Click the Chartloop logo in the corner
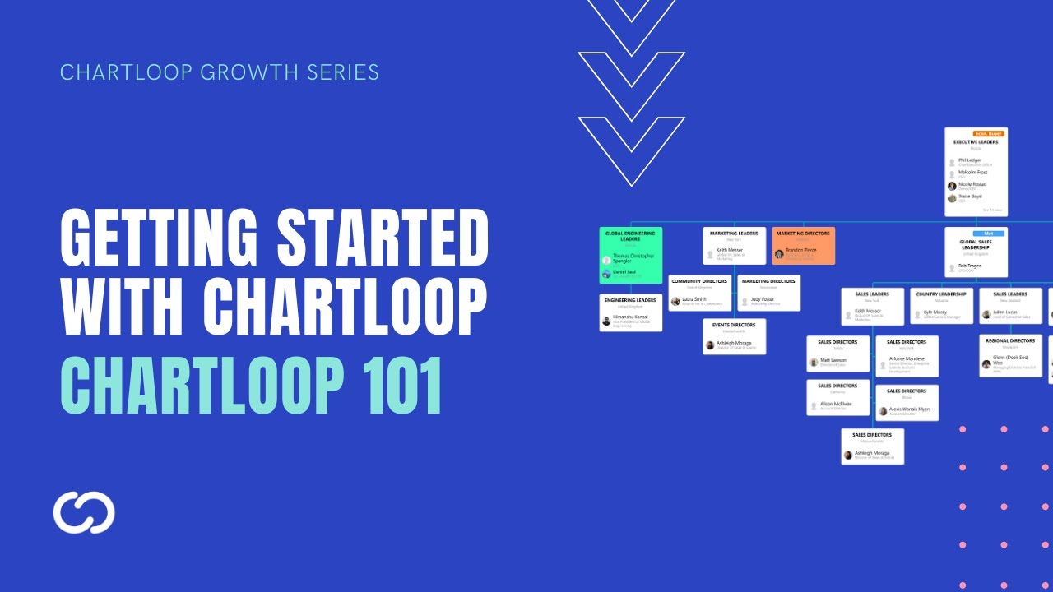(84, 512)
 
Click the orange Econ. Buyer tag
(987, 133)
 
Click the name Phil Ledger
(970, 160)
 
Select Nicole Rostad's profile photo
(952, 186)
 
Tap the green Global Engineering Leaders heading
(630, 236)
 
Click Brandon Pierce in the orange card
(800, 250)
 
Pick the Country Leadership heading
(941, 294)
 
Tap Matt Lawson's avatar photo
(814, 362)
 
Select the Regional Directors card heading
(1010, 340)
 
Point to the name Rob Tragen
(970, 266)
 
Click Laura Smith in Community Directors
(693, 299)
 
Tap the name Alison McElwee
(835, 404)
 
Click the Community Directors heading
(699, 281)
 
